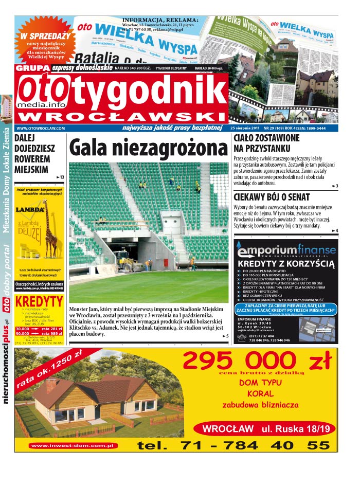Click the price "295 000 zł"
(257, 361)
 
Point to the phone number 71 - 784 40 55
(234, 445)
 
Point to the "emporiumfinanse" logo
(286, 250)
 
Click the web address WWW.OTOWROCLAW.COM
(41, 128)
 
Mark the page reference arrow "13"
(60, 177)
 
